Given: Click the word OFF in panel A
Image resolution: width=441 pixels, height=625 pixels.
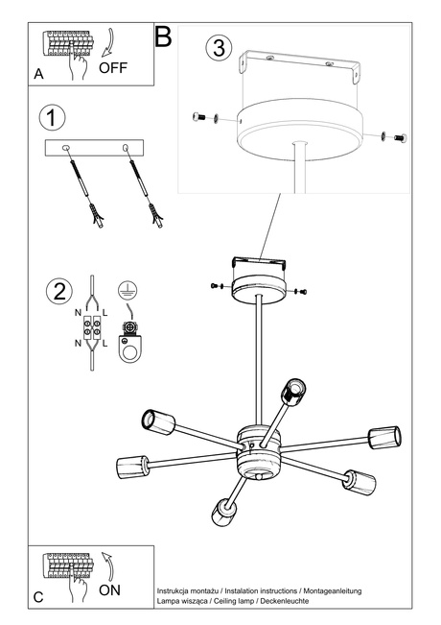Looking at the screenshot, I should pyautogui.click(x=113, y=68).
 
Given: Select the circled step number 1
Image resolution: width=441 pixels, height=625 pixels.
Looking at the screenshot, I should pyautogui.click(x=53, y=118).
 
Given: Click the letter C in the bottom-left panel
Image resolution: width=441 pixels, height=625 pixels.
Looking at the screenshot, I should pyautogui.click(x=38, y=596).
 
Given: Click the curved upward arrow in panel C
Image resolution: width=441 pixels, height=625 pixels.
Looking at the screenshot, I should pyautogui.click(x=108, y=564).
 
